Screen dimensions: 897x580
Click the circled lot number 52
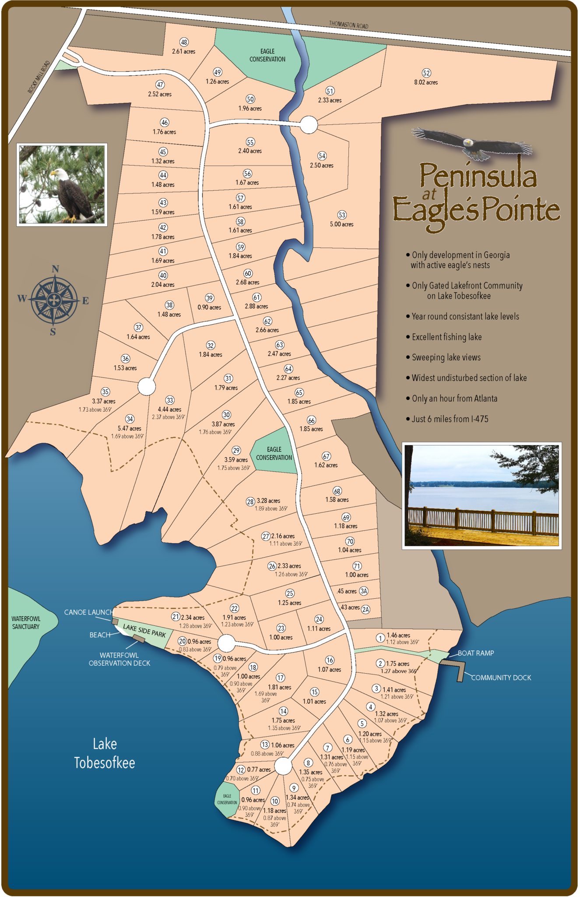pos(426,73)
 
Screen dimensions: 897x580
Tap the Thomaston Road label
pos(348,25)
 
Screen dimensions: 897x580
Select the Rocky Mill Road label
pos(39,77)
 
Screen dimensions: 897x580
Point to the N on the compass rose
pos(55,269)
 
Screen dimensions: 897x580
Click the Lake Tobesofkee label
pos(105,753)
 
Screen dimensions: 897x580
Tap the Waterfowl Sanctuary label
pos(26,622)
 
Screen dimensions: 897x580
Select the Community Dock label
pos(501,678)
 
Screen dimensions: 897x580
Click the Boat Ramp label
pos(476,653)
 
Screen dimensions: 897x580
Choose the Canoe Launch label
pos(88,612)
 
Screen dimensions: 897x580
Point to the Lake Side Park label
pos(144,631)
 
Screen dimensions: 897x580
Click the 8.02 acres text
pos(426,82)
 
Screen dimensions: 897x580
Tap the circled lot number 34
pos(130,419)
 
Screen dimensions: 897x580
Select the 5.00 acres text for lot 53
pos(341,224)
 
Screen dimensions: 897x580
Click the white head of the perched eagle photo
pos(60,174)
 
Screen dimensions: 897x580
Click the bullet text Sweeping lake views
pos(446,357)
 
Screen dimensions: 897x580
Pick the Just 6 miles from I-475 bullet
pos(450,419)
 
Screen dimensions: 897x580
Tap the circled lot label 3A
pos(364,591)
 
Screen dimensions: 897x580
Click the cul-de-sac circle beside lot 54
pos(309,125)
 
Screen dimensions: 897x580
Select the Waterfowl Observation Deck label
pos(119,659)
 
